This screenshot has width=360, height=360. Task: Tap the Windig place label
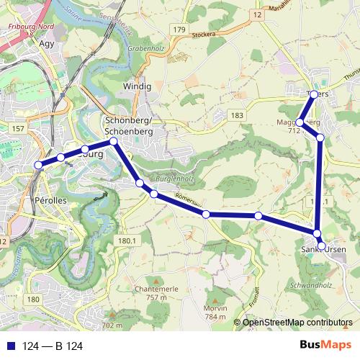tap(138, 86)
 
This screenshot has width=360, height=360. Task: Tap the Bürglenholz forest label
tap(176, 178)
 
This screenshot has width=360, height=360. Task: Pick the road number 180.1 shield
tap(126, 240)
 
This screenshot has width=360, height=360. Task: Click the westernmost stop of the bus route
tap(38, 166)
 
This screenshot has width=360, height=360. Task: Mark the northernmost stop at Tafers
tap(314, 94)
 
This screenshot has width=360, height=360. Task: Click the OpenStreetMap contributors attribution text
tap(297, 322)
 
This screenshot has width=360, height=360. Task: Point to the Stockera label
tap(204, 34)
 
